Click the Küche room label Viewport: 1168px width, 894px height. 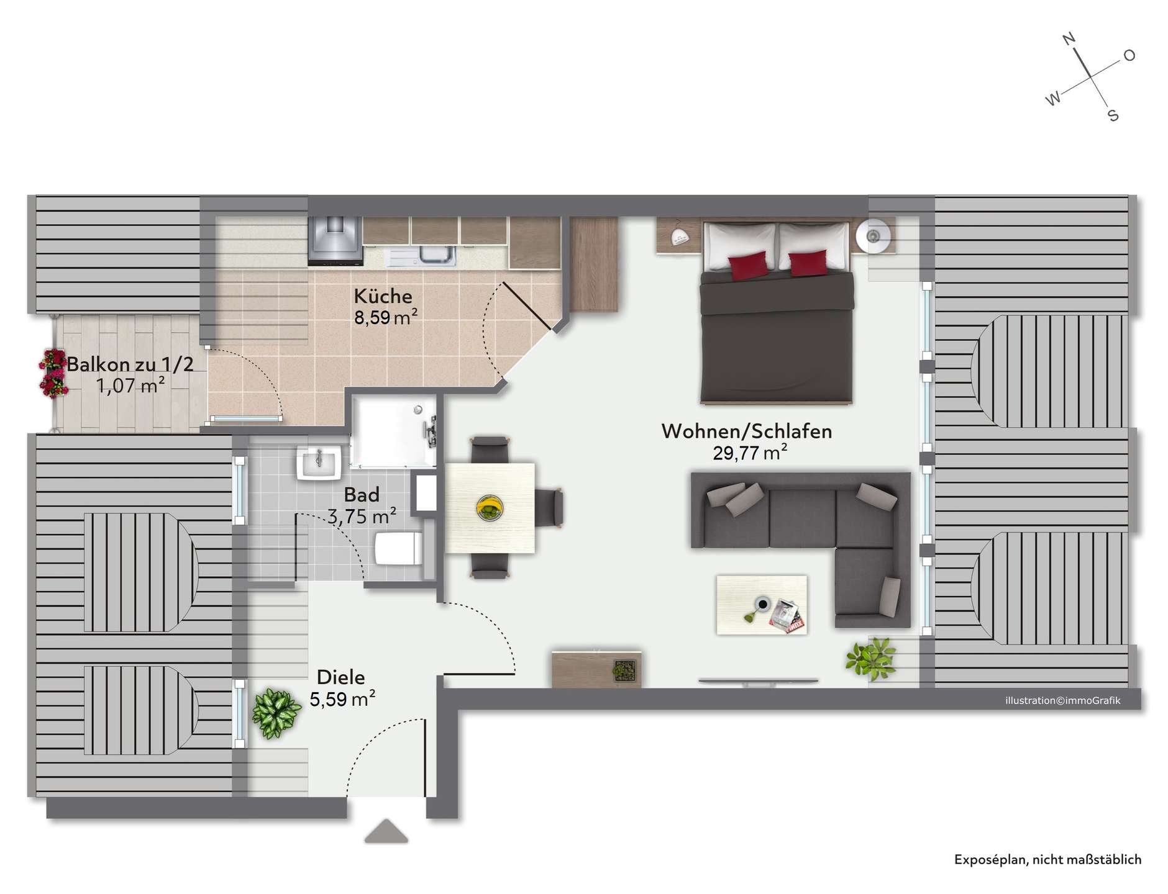coord(383,296)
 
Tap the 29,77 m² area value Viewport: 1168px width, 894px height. coord(750,453)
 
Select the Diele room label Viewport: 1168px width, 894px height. coord(340,677)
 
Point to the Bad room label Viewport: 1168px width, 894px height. coord(362,495)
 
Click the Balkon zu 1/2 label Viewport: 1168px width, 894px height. coord(130,364)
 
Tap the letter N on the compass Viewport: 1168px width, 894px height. coord(1069,39)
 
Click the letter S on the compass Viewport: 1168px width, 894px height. coord(1113,115)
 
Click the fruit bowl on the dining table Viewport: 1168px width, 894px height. coord(490,508)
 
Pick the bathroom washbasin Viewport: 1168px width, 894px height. coord(319,463)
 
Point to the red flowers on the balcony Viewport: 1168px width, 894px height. coord(53,373)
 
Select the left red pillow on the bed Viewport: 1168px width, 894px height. coord(749,265)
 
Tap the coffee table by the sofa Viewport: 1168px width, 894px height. coord(762,605)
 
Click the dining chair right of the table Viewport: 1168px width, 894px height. coord(549,508)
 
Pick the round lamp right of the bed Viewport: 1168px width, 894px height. coord(873,236)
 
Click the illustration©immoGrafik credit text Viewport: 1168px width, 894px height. coord(1063,700)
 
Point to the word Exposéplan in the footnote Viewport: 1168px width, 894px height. coord(989,860)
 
